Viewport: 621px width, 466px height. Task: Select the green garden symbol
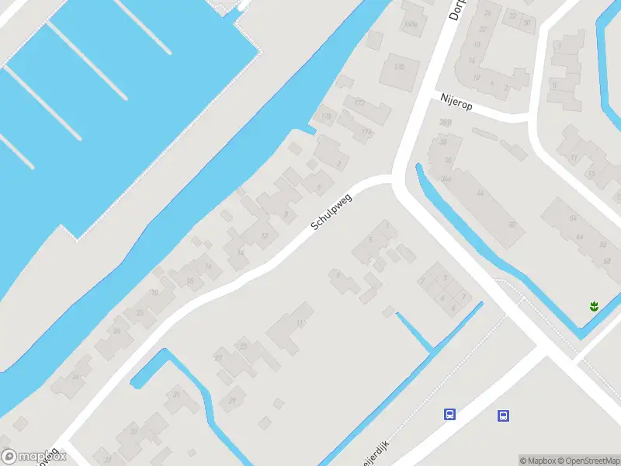click(x=594, y=306)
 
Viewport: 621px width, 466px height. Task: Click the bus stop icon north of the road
click(x=449, y=414)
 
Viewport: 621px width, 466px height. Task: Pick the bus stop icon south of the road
click(x=503, y=416)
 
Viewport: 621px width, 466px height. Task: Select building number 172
click(x=359, y=103)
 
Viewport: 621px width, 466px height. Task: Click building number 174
click(x=326, y=116)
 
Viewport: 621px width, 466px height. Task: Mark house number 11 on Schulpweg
click(x=300, y=323)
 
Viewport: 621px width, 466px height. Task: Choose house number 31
click(x=176, y=395)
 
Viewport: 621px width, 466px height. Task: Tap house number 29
click(x=232, y=400)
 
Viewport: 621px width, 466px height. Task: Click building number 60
click(x=511, y=225)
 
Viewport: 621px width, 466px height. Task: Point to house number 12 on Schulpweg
click(x=264, y=235)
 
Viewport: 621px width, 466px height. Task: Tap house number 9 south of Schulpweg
click(x=337, y=274)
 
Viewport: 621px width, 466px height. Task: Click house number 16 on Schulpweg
click(x=207, y=266)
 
